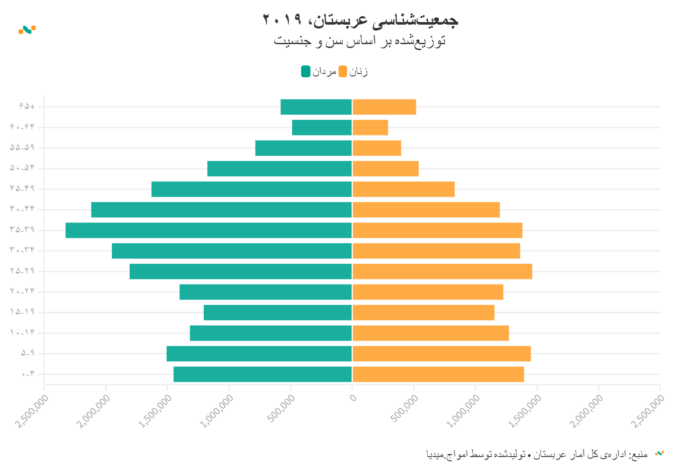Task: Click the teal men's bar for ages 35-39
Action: point(208,230)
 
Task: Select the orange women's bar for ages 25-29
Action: point(442,271)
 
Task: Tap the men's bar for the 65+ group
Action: point(316,107)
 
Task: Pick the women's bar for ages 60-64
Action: point(370,127)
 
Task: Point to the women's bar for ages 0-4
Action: point(438,374)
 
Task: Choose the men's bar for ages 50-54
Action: point(279,169)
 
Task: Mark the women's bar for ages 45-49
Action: point(404,189)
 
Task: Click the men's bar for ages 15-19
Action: point(278,313)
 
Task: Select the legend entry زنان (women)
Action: point(353,72)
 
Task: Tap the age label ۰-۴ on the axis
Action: point(28,374)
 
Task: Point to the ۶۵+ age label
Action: point(27,106)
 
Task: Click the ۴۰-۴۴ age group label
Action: point(22,209)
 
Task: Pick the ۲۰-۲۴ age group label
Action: point(22,291)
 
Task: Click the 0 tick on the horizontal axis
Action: point(353,398)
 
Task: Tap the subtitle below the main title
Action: point(360,41)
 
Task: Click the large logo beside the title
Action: point(27,30)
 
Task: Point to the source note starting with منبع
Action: point(537,454)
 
